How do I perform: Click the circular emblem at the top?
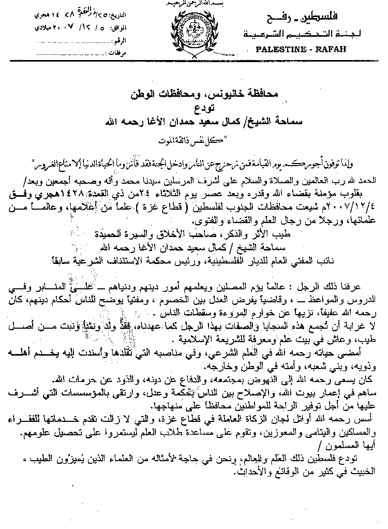(193, 32)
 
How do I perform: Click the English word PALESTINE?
(279, 50)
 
